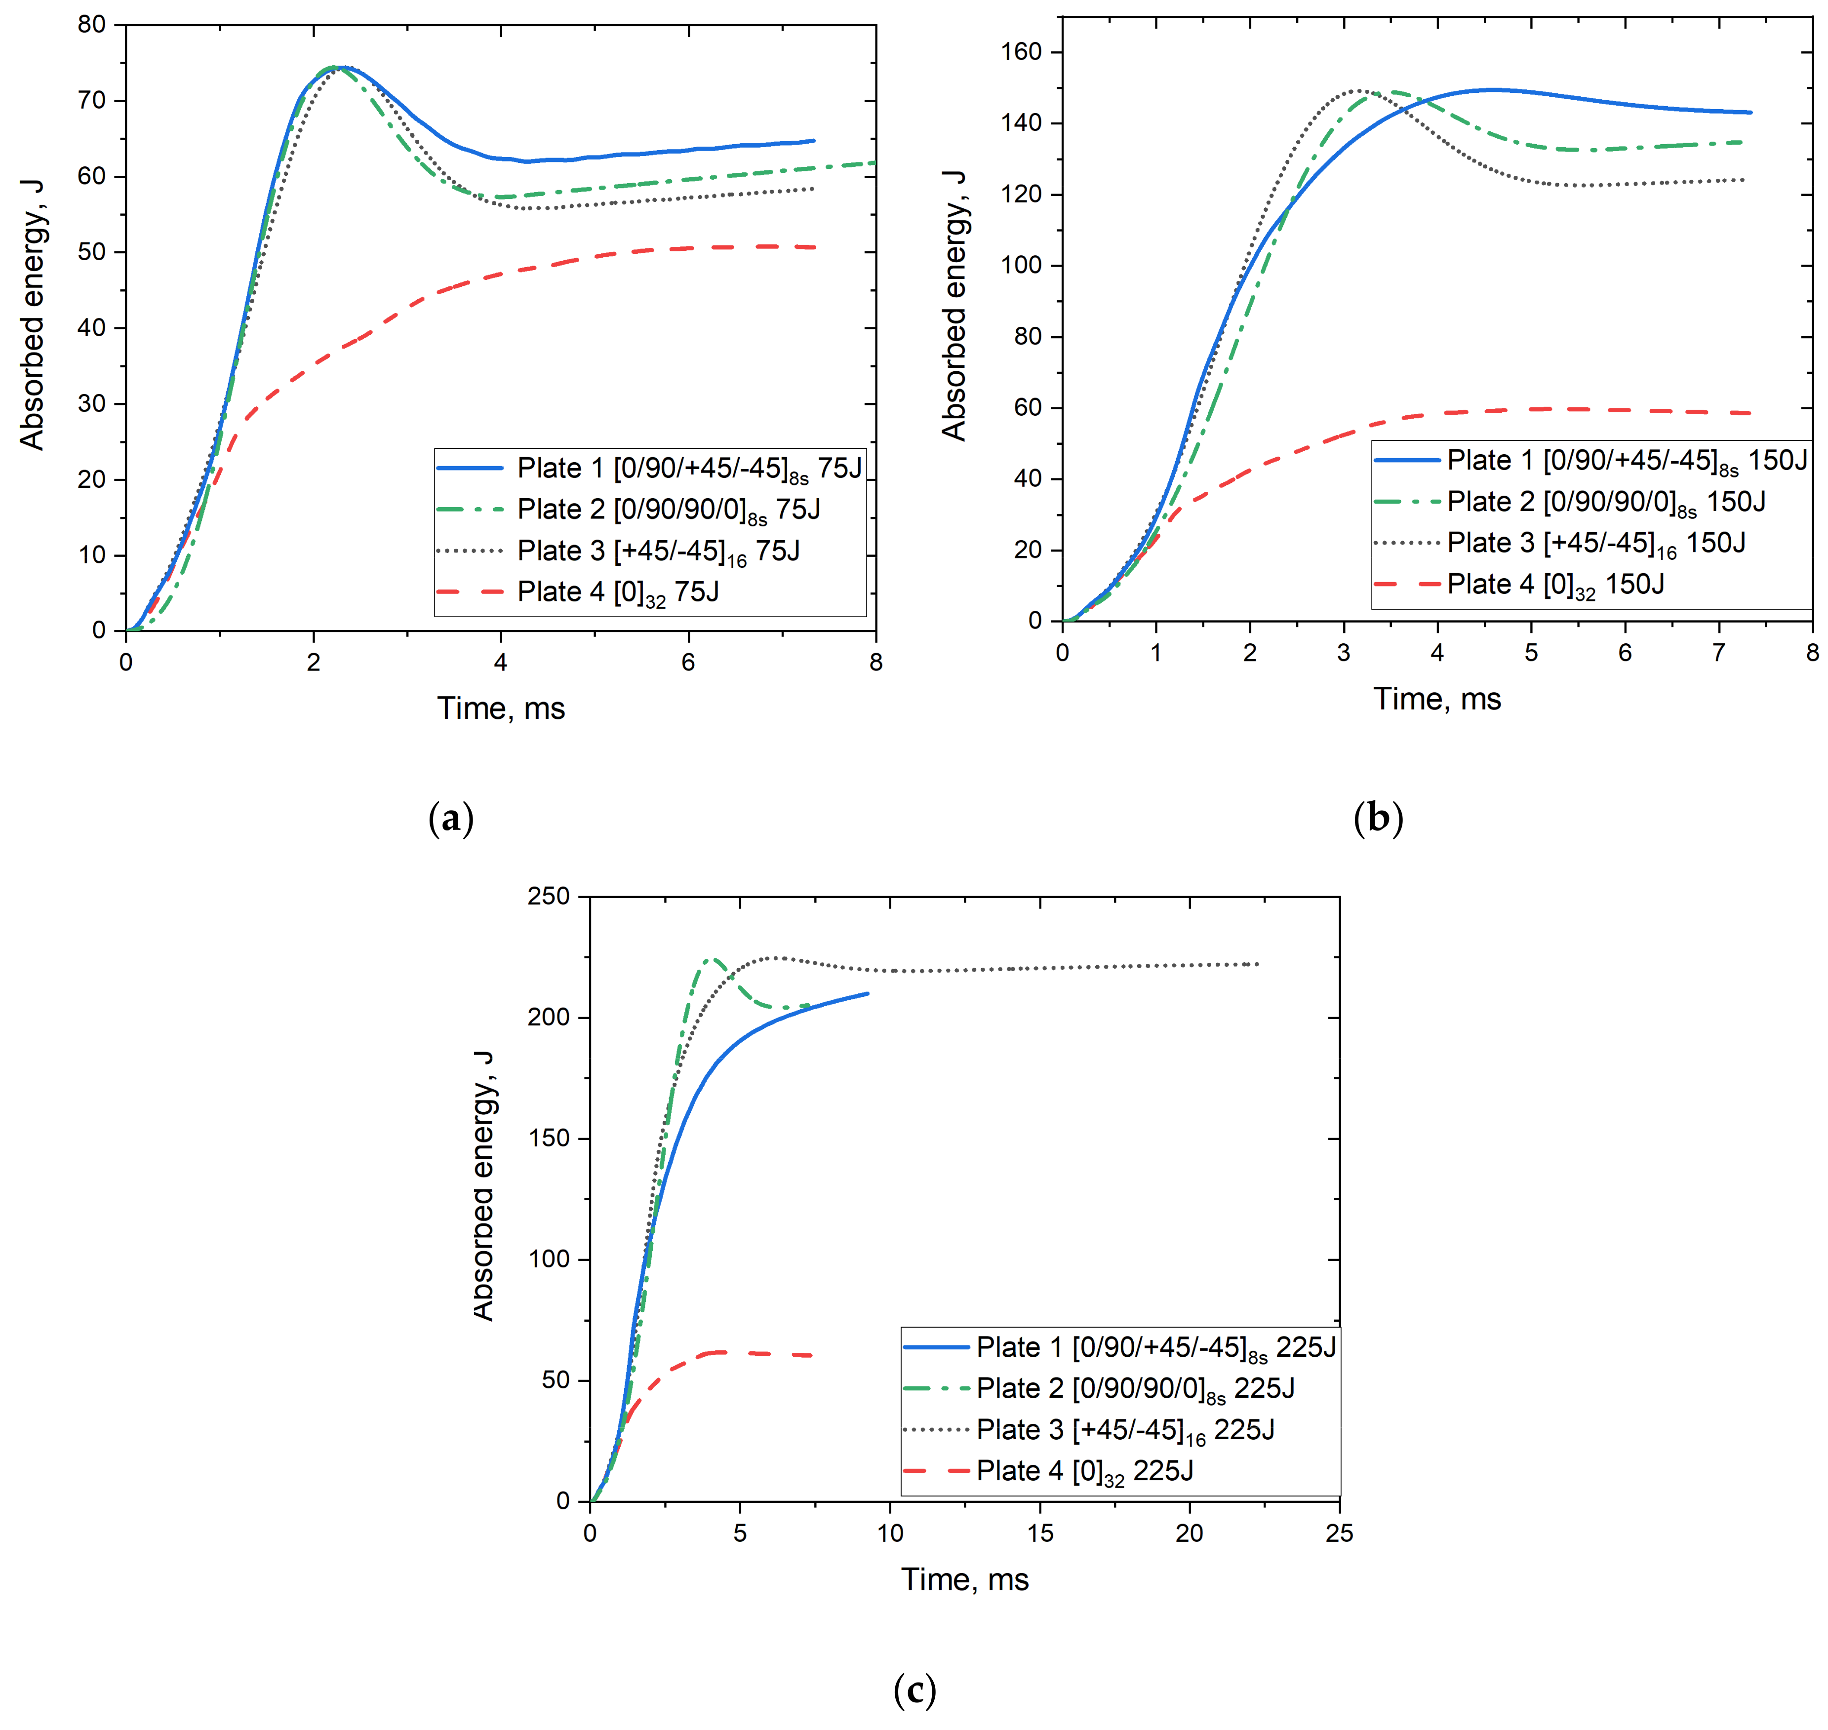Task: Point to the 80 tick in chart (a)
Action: coord(92,25)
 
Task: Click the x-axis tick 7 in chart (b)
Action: coord(1718,653)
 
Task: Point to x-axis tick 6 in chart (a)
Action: coord(688,662)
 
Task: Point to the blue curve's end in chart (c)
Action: coord(868,993)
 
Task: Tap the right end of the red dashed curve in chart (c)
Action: coord(812,1356)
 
